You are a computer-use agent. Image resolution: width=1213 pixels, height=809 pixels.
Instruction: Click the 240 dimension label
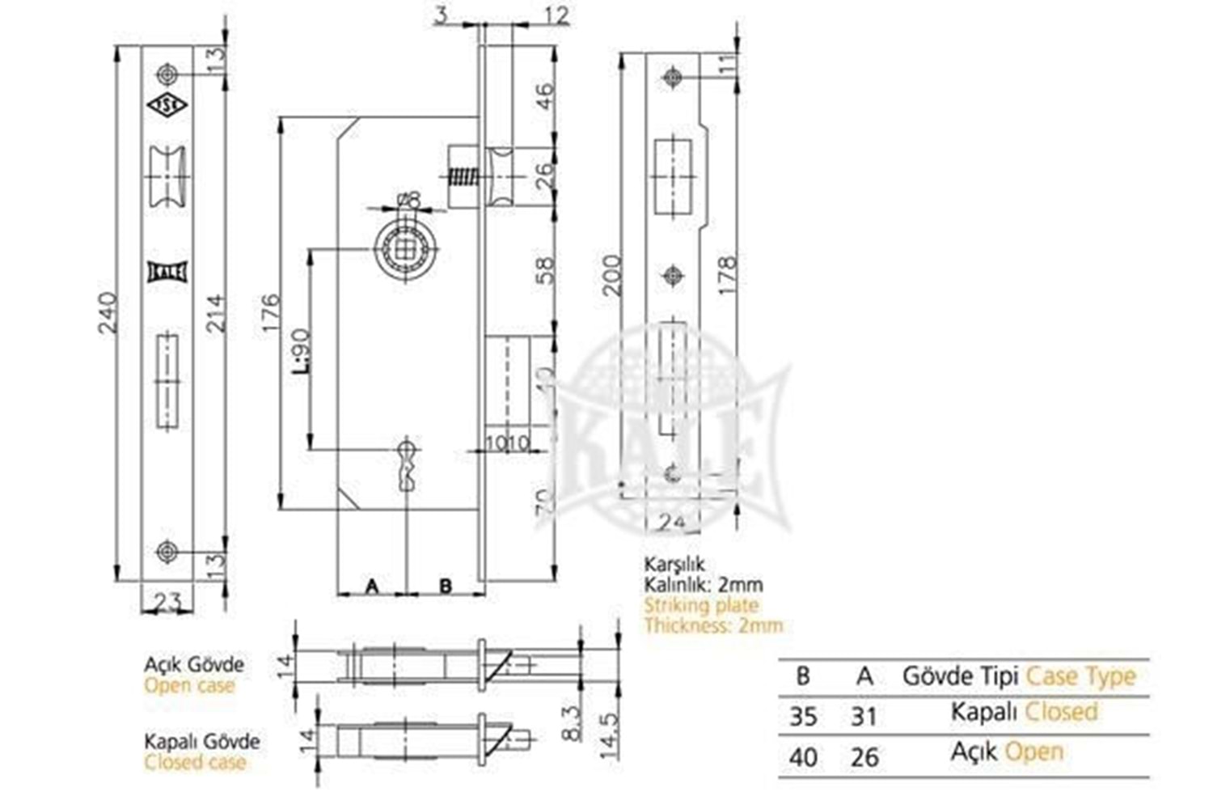click(x=108, y=313)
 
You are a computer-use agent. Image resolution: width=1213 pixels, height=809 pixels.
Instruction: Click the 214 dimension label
click(x=216, y=313)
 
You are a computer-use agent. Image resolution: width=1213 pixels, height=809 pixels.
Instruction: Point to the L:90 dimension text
click(x=302, y=349)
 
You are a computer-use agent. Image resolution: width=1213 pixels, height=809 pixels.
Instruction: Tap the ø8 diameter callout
click(x=408, y=199)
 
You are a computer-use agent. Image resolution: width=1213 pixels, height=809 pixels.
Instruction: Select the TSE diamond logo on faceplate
click(x=167, y=104)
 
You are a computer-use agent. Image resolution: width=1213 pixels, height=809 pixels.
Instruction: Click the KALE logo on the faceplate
click(x=167, y=272)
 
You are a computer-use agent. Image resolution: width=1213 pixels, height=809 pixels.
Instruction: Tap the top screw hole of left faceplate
click(x=167, y=74)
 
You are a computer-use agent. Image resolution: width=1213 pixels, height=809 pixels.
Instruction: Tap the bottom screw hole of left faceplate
click(x=167, y=552)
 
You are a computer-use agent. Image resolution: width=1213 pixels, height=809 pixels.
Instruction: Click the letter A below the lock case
click(x=372, y=585)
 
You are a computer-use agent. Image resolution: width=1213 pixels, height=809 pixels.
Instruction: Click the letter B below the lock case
click(x=446, y=585)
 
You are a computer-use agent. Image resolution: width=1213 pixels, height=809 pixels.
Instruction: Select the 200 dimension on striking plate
click(x=612, y=275)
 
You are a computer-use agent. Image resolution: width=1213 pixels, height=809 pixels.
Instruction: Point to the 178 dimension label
click(x=727, y=275)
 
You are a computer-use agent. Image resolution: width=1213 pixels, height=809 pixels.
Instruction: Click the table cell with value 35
click(x=803, y=716)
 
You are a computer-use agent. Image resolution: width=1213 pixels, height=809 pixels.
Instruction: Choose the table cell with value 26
click(x=864, y=756)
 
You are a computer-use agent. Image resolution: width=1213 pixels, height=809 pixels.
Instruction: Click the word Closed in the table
click(x=1061, y=712)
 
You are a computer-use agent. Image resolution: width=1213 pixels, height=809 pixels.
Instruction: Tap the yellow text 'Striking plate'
click(x=701, y=605)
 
